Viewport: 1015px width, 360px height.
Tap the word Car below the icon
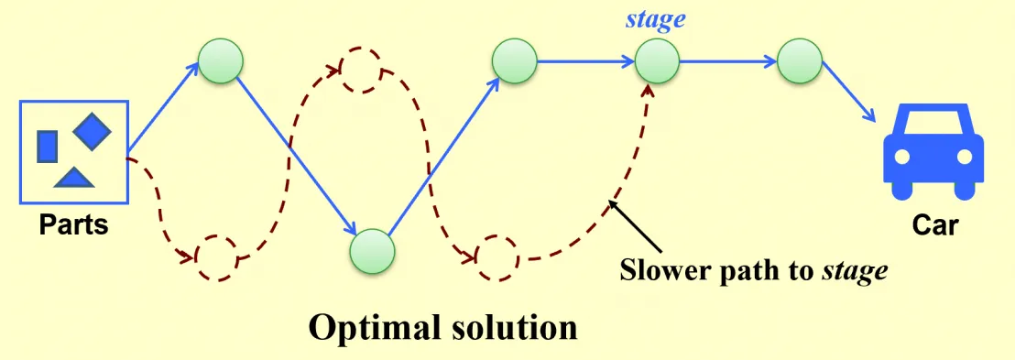(935, 225)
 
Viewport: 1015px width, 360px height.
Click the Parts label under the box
(73, 224)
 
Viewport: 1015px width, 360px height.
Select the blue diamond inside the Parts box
(92, 129)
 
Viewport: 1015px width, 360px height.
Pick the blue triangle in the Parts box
(74, 178)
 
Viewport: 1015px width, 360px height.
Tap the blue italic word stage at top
(655, 19)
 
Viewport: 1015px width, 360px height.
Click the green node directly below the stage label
(657, 62)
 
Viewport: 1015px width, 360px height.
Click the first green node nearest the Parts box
(221, 61)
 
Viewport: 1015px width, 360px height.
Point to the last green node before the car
(800, 61)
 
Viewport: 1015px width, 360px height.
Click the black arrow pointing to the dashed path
(636, 227)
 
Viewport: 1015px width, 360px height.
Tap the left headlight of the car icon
(902, 157)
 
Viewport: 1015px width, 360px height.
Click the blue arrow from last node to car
(847, 94)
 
